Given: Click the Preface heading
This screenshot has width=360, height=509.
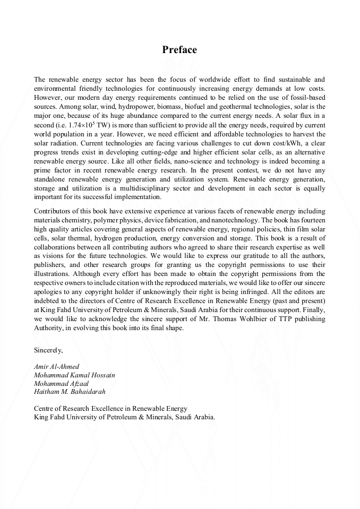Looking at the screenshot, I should (x=179, y=50).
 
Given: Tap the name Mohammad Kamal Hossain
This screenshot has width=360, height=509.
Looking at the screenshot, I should (x=74, y=375).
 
